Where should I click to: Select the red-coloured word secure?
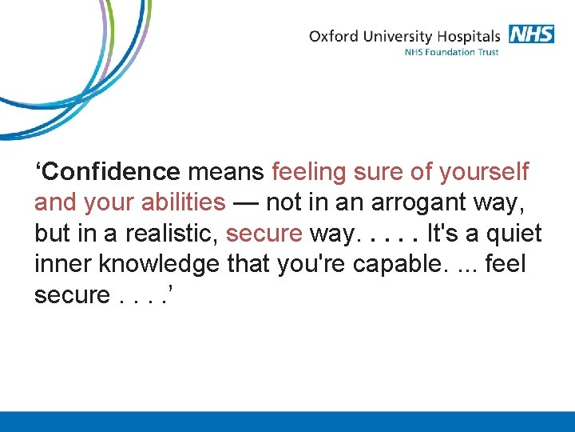click(264, 234)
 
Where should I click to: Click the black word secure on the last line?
click(72, 295)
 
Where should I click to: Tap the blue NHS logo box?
click(530, 34)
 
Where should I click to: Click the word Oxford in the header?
click(335, 36)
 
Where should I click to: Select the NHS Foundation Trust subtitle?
click(451, 53)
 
